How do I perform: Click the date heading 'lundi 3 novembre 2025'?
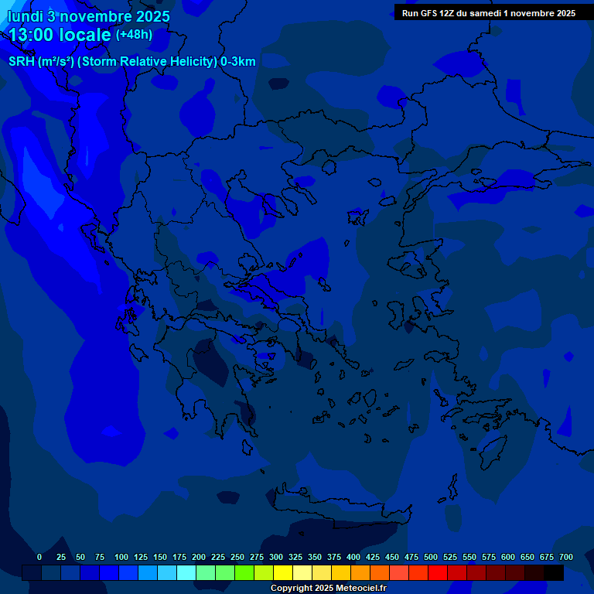pyautogui.click(x=89, y=16)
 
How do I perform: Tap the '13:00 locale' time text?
pyautogui.click(x=60, y=34)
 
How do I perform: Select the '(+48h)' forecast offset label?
pyautogui.click(x=134, y=34)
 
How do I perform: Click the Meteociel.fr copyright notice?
pyautogui.click(x=328, y=589)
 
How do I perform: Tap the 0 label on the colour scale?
pyautogui.click(x=39, y=557)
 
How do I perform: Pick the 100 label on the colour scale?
pyautogui.click(x=121, y=557)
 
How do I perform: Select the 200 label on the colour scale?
pyautogui.click(x=199, y=557)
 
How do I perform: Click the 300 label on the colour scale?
pyautogui.click(x=276, y=557)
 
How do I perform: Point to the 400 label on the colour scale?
pyautogui.click(x=353, y=557)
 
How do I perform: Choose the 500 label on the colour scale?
pyautogui.click(x=431, y=557)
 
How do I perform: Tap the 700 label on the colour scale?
pyautogui.click(x=566, y=557)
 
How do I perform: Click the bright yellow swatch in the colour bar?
pyautogui.click(x=283, y=573)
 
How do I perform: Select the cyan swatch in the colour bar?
pyautogui.click(x=186, y=573)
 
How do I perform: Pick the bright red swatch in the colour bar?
pyautogui.click(x=438, y=573)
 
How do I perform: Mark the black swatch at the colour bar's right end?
pyautogui.click(x=554, y=573)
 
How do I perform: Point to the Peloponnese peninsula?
pyautogui.click(x=220, y=387)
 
